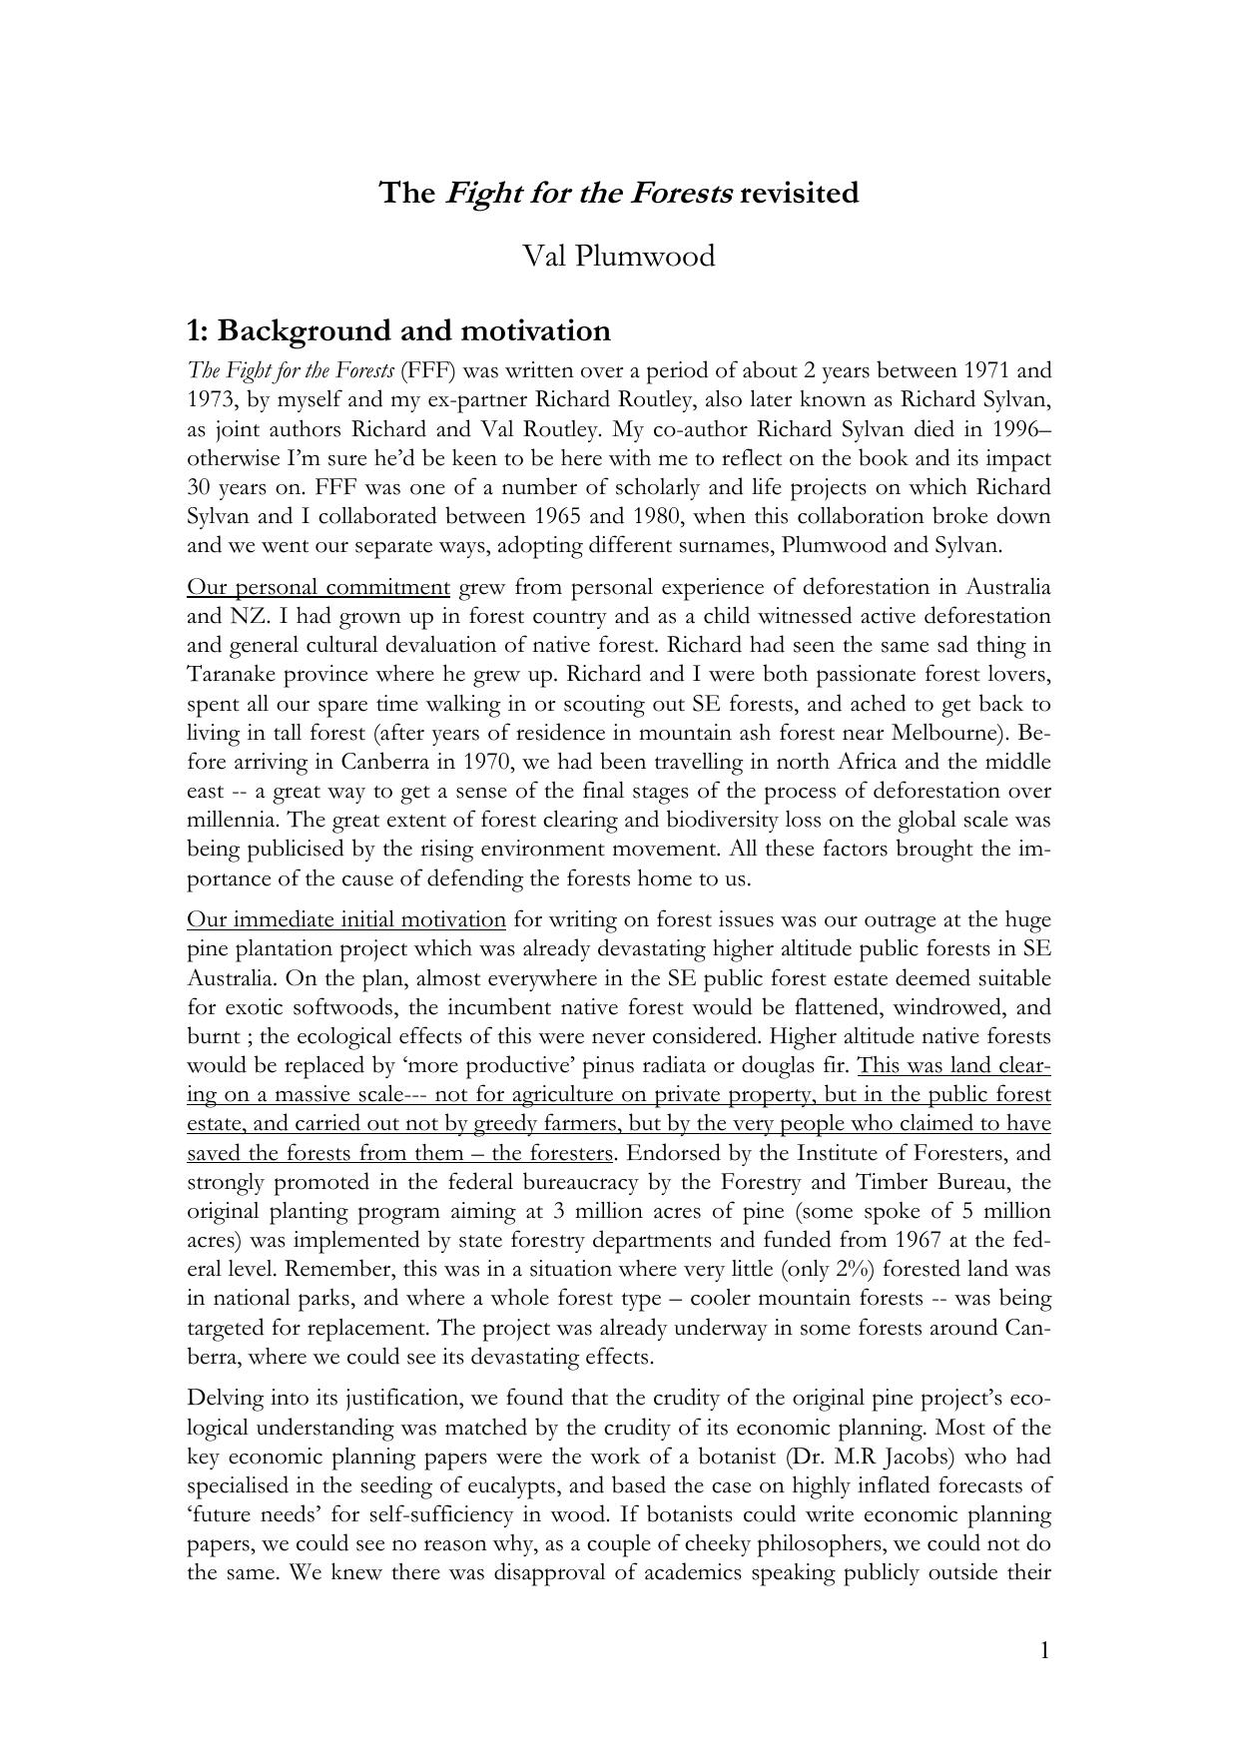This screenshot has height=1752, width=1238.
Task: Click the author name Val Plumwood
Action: tap(619, 257)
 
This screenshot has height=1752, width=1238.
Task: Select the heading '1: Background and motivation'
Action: tap(398, 330)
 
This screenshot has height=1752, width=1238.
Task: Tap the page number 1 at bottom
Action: tap(1044, 1650)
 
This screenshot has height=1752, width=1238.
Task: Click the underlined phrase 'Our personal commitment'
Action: tap(318, 587)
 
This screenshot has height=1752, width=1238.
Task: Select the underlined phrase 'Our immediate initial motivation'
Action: tap(346, 919)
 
